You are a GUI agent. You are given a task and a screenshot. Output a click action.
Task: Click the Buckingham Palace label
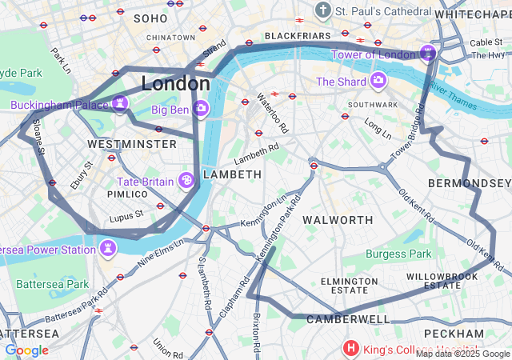click(58, 105)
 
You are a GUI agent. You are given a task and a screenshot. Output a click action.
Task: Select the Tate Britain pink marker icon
click(186, 181)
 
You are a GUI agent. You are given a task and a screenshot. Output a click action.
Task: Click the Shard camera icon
click(378, 81)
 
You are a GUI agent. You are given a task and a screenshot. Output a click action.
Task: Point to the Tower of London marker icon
click(428, 54)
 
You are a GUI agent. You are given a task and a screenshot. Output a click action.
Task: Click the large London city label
click(175, 83)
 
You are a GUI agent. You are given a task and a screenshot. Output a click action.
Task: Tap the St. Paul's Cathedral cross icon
click(322, 11)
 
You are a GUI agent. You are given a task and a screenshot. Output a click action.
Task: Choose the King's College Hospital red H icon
click(350, 348)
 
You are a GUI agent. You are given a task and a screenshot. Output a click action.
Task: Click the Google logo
click(26, 350)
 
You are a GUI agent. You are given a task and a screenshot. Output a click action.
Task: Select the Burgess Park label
click(398, 254)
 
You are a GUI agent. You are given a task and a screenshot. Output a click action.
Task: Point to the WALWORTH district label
click(338, 220)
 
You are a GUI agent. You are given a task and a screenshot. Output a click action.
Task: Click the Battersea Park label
click(53, 284)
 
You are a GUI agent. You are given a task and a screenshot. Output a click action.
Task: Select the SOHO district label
click(151, 18)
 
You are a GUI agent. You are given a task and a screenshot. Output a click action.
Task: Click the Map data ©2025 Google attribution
click(462, 353)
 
